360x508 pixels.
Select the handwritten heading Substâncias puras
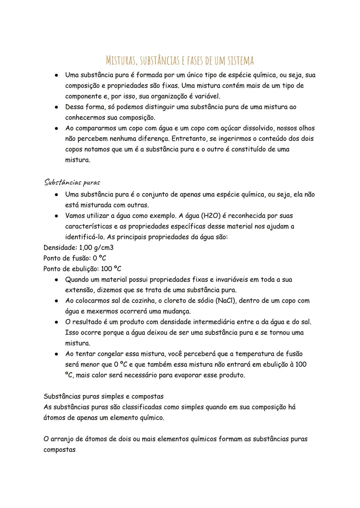[72, 182]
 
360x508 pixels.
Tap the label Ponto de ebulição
[70, 269]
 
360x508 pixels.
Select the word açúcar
[230, 128]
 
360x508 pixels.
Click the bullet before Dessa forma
[57, 107]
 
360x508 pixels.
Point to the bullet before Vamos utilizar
[57, 216]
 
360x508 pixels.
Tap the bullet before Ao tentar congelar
[57, 354]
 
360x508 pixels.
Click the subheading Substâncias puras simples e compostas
[103, 396]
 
